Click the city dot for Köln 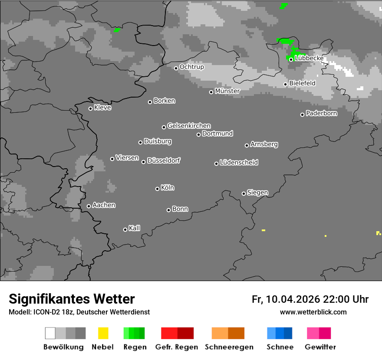pos(157,189)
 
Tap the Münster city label pos(227,91)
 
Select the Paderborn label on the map pos(322,113)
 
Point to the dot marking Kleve pos(90,108)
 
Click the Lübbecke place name pos(309,58)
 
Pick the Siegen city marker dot pos(244,193)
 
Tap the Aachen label pos(104,205)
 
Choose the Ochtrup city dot pos(176,68)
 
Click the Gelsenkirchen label pos(189,126)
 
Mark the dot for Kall pos(125,229)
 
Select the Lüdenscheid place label pos(239,163)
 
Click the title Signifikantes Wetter pos(72,299)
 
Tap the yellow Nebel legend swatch pos(103,333)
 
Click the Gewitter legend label pos(320,347)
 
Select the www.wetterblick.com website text pos(313,312)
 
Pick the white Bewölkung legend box pos(50,333)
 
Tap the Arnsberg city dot pos(247,145)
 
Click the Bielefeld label pos(302,83)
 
